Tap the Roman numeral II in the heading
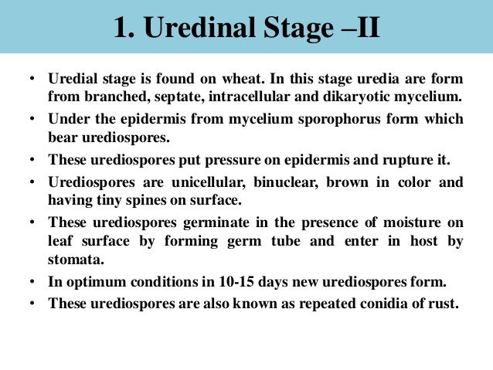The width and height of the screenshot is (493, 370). click(363, 28)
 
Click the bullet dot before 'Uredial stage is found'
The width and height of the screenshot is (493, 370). click(33, 80)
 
